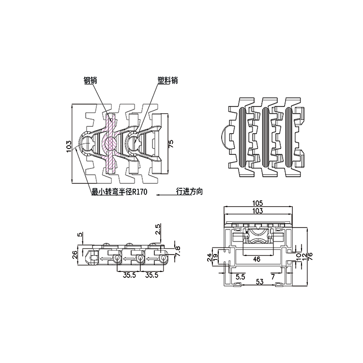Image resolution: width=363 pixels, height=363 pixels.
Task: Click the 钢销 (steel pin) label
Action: click(x=90, y=80)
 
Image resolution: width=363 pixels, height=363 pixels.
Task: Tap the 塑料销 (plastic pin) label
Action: click(x=167, y=80)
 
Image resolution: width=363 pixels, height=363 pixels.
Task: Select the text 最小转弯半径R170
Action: click(x=120, y=192)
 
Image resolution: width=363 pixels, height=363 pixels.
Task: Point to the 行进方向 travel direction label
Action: click(x=189, y=192)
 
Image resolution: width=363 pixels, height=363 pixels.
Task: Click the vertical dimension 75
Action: click(x=171, y=144)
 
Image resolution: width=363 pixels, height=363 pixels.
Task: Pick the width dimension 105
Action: click(x=257, y=203)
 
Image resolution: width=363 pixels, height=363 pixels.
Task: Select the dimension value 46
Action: click(x=257, y=259)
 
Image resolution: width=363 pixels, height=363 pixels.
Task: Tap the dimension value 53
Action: click(x=260, y=282)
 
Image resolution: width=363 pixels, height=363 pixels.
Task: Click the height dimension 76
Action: click(x=310, y=256)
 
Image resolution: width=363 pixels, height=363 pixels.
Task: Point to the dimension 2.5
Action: click(x=158, y=229)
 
